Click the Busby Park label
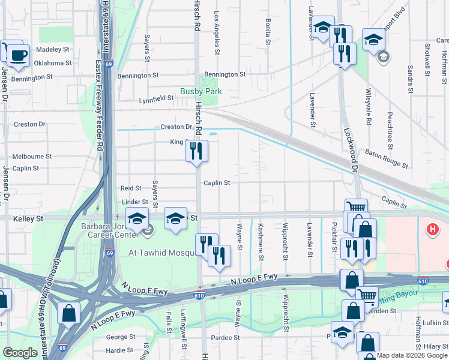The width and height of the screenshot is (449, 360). click(x=201, y=91)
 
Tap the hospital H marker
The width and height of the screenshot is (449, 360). click(x=431, y=229)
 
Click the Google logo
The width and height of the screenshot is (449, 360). click(x=20, y=353)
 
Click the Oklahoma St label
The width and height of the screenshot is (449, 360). click(x=52, y=62)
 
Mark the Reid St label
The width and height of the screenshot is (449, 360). click(x=131, y=188)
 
